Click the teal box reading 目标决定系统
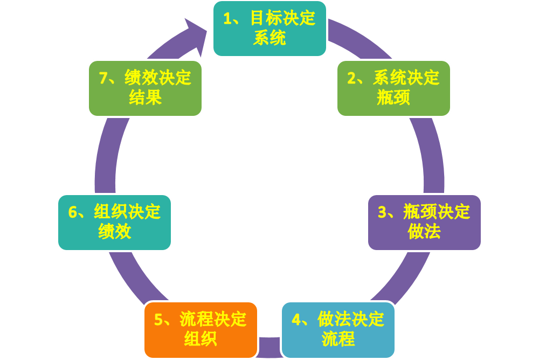coord(269,29)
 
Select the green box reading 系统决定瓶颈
coord(393,88)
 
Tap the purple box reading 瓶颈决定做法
coord(424,222)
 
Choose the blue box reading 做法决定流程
coord(338,329)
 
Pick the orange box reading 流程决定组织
coord(201,329)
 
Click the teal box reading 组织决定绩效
coord(114,222)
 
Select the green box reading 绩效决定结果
coord(145,88)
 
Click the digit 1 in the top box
coord(227,19)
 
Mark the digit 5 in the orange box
coord(158,320)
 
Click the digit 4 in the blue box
coord(296,320)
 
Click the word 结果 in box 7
coord(145,98)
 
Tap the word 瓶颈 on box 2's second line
coord(393,98)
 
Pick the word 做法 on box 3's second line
coord(424,232)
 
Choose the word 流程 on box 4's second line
coord(338,340)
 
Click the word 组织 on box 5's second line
coord(201,340)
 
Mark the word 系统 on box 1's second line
coord(269,39)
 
